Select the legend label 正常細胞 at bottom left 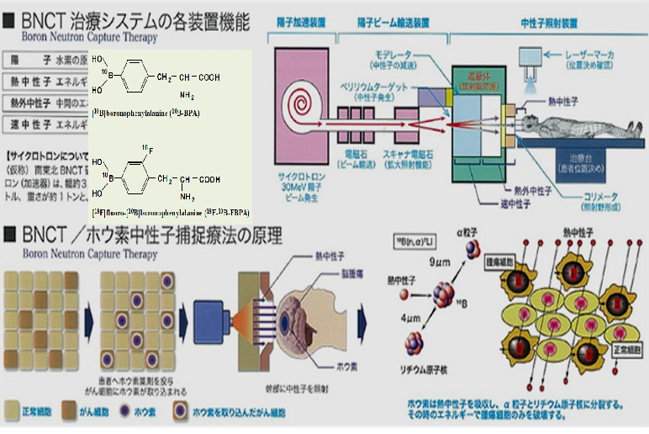[38, 413]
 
